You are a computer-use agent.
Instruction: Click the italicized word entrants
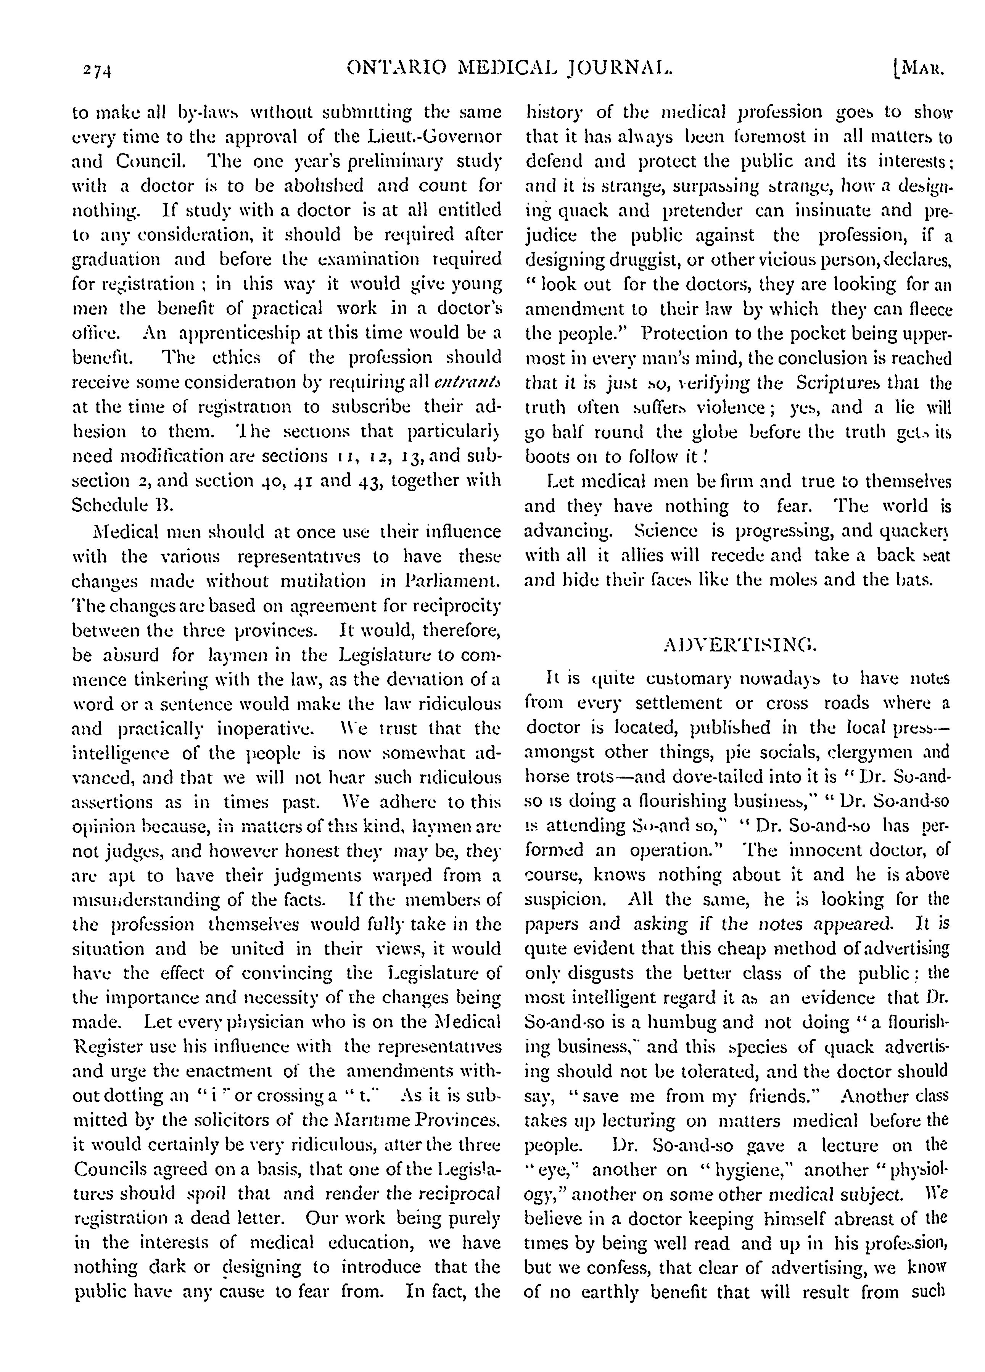(468, 383)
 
